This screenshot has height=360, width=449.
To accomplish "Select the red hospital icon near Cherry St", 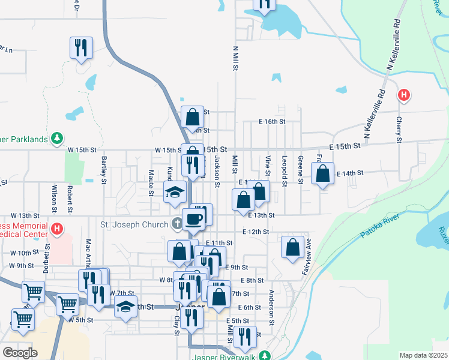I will (405, 95).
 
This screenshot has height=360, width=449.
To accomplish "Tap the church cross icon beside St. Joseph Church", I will (177, 225).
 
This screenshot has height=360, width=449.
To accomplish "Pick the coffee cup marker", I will (193, 219).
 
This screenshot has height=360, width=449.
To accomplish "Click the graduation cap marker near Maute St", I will (174, 192).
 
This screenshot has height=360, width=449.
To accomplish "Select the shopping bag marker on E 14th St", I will (323, 174).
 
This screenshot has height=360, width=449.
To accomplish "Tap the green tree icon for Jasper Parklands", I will (57, 139).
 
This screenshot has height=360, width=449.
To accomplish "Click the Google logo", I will (20, 353).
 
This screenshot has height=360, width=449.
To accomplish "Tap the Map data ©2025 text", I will (423, 355).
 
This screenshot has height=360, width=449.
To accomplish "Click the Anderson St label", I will (271, 304).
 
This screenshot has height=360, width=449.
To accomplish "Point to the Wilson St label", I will (54, 199).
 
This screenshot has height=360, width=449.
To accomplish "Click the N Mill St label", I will (235, 58).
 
